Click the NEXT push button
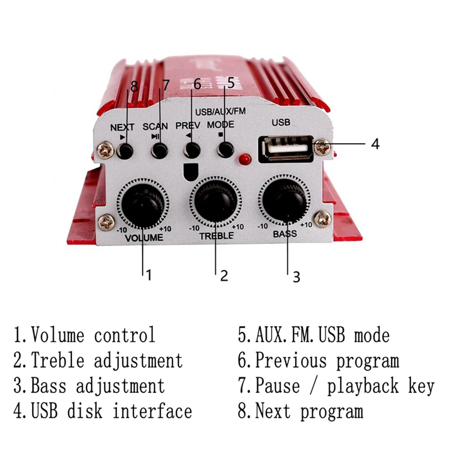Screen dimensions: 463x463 [125, 150]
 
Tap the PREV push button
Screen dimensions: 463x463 [192, 150]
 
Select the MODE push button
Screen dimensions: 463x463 [225, 150]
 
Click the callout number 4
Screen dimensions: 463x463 [375, 144]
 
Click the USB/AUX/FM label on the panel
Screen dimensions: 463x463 [220, 112]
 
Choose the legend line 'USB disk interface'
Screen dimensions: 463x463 [102, 411]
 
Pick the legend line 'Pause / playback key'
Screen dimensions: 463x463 [336, 386]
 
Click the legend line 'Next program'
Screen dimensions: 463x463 [300, 411]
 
